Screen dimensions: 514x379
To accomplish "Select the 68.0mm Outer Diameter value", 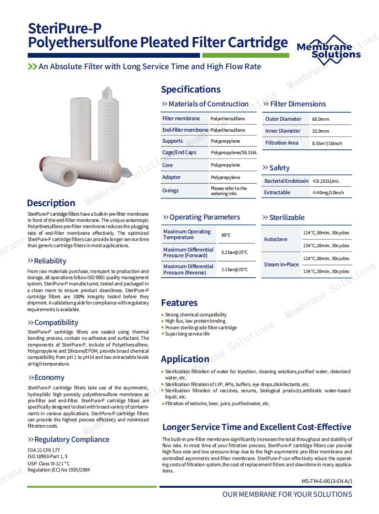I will pos(321,119).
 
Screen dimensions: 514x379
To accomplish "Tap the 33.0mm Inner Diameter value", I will pos(320,131).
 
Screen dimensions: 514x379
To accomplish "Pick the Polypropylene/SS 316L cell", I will pos(234,153).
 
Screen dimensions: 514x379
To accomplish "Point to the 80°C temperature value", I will pos(226,235).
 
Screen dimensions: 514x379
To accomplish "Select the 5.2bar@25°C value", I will pos(234,252).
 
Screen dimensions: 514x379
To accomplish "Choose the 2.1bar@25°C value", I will pos(234,270).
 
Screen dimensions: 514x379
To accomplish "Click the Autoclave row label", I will pos(275,239).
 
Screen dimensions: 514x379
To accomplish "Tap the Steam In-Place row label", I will pos(281,264).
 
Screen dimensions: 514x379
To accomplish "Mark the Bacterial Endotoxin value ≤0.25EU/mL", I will pos(326,181).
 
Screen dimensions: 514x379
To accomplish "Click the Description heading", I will pos(51,203).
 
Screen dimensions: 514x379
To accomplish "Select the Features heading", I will pos(179,303).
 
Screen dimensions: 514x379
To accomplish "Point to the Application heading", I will pos(185,359).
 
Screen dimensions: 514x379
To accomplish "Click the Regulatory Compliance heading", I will pos(72,440).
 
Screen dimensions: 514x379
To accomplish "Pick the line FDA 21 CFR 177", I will pos(44,450).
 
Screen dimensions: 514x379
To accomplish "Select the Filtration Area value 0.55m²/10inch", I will pos(327,143).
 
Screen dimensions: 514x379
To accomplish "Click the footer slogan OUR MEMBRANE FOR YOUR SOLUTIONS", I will pos(287,494).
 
